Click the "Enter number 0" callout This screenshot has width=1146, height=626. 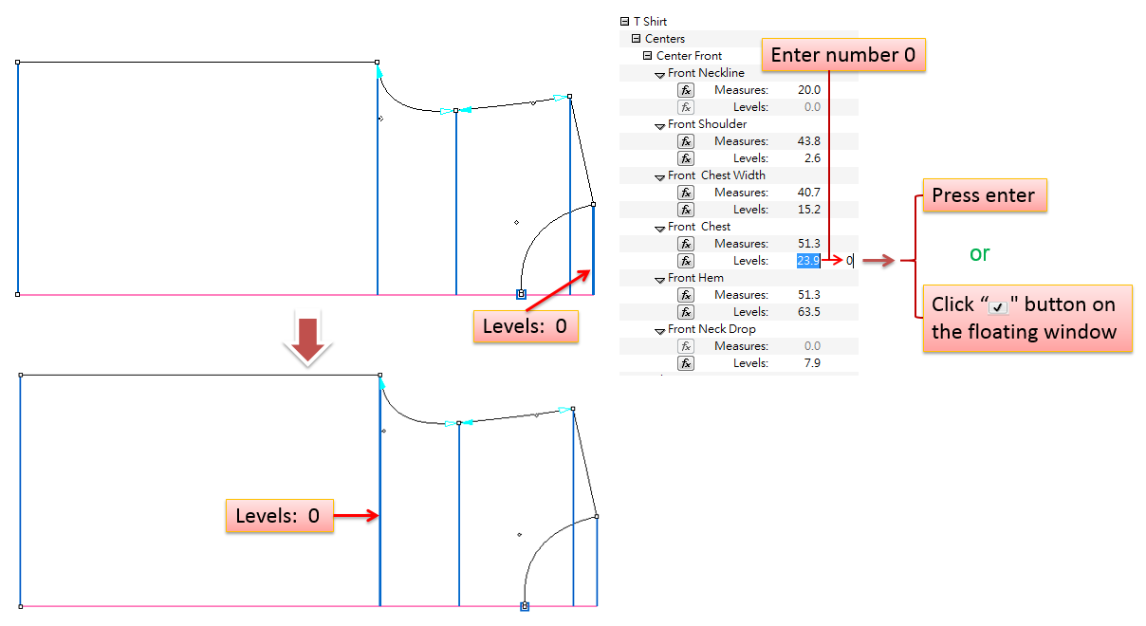pos(842,55)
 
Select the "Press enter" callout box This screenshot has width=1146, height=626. pos(983,195)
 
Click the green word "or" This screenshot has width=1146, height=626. pos(980,253)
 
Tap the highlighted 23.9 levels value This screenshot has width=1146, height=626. pos(808,261)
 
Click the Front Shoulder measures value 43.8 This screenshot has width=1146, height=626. pos(808,141)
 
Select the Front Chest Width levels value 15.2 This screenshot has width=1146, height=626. pos(809,210)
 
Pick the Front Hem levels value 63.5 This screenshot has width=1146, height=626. pos(809,312)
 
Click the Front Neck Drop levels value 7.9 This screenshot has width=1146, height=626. pos(811,363)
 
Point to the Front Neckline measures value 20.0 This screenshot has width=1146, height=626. pos(808,90)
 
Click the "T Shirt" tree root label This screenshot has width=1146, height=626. pos(650,22)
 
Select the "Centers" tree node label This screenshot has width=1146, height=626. pos(665,39)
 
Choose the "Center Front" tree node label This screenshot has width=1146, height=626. pos(689,56)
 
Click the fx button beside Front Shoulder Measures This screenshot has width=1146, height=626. pos(686,141)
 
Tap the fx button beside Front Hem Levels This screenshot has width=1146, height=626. pos(686,312)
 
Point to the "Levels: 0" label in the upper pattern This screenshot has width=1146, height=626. pos(525,326)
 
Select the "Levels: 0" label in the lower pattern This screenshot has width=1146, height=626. pos(278,516)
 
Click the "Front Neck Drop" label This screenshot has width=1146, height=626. pos(712,329)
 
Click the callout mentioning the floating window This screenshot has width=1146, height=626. pos(1026,319)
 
